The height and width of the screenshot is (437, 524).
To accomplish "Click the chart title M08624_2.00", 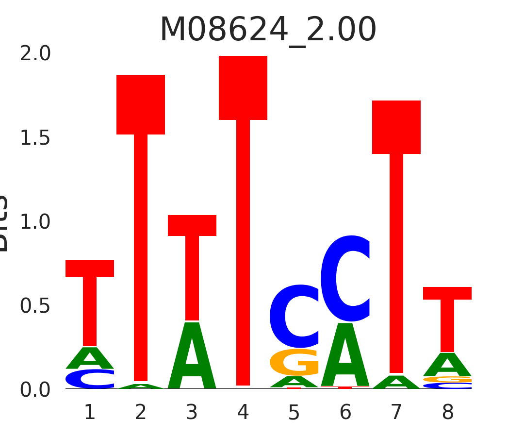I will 268,30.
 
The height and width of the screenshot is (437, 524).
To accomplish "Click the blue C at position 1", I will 90,379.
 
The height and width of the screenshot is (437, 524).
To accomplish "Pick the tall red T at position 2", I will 141,218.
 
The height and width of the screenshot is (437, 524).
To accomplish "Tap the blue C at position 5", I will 294,317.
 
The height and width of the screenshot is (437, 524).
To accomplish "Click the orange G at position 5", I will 294,362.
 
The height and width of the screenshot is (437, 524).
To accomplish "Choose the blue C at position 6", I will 345,279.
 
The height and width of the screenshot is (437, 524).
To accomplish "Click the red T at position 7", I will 396,233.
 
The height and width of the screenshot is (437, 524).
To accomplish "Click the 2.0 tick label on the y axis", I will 35,54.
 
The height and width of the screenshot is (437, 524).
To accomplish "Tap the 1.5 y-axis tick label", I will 35,138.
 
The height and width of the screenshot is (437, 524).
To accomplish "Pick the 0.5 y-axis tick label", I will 35,306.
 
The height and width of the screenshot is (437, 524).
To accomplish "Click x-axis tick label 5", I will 294,413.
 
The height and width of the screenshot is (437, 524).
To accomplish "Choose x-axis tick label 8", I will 447,413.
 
